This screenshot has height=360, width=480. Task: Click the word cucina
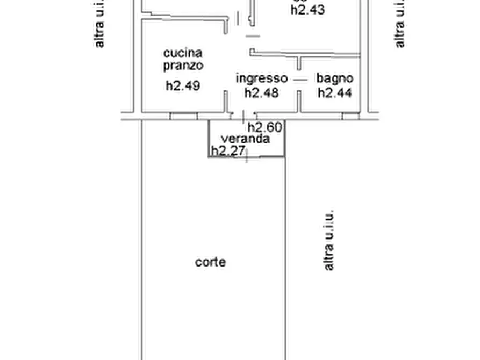tap(183, 53)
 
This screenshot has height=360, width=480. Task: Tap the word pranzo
tap(183, 66)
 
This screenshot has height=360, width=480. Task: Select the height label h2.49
tap(183, 85)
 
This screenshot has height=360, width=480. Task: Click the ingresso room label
tap(262, 78)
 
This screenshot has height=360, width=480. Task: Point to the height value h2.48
tap(262, 92)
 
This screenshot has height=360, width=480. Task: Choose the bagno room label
tap(334, 78)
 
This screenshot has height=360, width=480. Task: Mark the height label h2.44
tap(334, 92)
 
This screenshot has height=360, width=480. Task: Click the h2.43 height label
tap(307, 10)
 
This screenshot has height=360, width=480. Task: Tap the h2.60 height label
tap(264, 127)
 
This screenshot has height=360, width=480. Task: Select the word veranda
tap(247, 139)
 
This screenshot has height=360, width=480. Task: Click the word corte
tap(210, 262)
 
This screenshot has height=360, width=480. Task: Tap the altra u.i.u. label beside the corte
tap(328, 240)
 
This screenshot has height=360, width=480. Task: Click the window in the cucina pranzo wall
tap(183, 115)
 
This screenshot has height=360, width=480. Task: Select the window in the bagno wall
tap(350, 115)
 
